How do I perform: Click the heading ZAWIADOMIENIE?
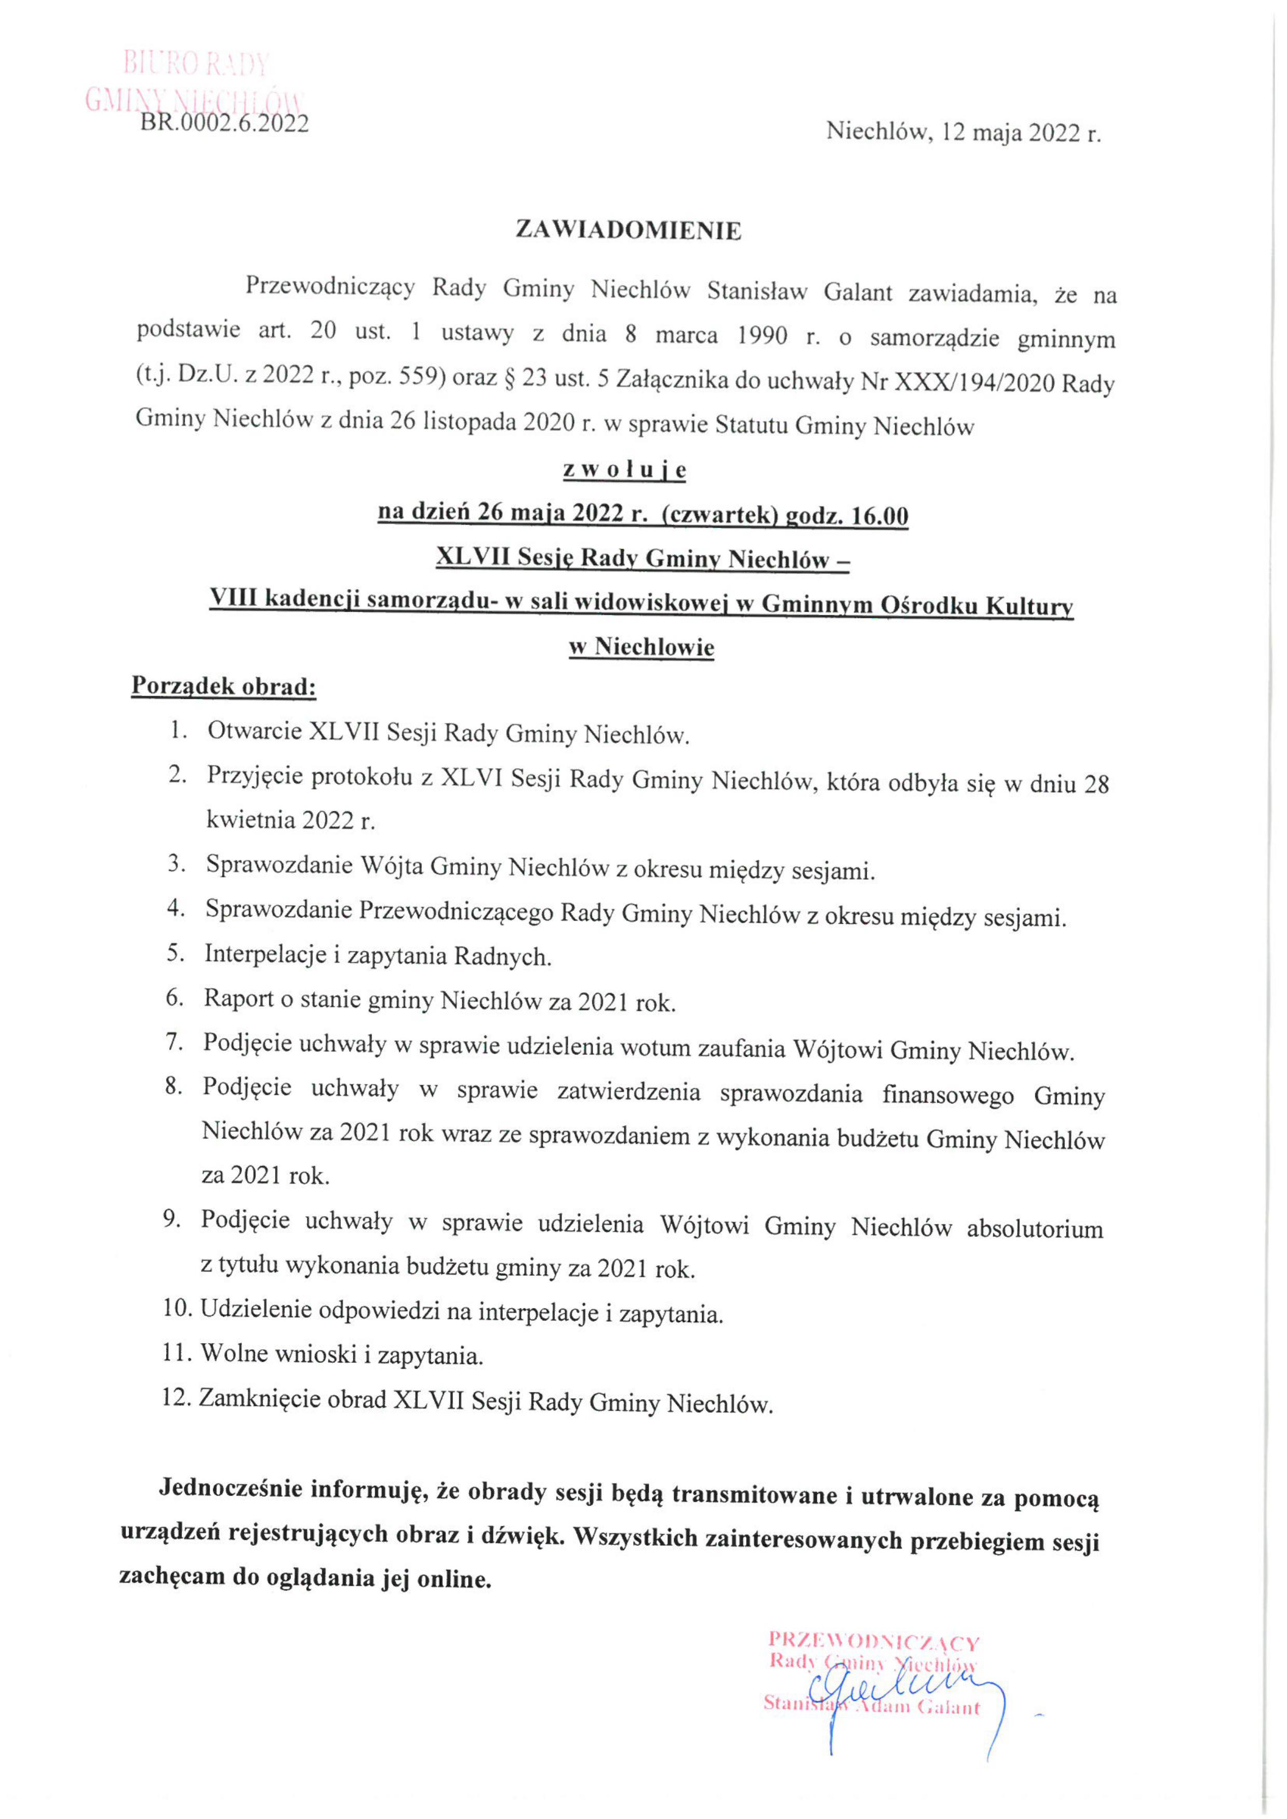coord(628,230)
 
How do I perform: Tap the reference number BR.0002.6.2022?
coord(224,123)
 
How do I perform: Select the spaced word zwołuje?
coord(624,470)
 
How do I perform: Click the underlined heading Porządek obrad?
coord(224,687)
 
